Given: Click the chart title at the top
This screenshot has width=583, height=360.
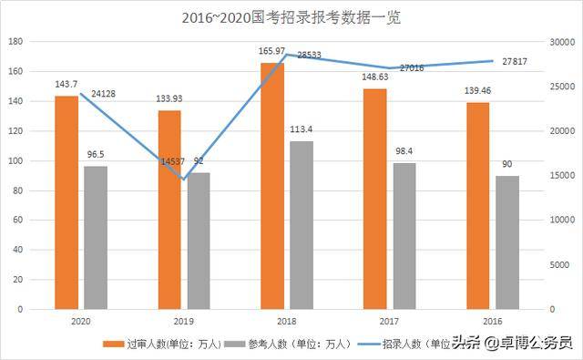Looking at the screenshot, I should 291,16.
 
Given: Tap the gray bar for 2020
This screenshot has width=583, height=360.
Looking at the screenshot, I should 96,237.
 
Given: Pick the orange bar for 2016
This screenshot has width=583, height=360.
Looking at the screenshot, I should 478,206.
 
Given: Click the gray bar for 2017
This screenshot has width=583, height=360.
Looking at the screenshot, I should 404,236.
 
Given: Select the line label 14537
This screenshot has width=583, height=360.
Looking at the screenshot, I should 170,162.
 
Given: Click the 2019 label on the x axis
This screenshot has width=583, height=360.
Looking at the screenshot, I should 184,322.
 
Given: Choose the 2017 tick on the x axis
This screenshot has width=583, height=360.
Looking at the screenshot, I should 390,322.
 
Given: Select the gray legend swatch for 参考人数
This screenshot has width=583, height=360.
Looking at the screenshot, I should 234,344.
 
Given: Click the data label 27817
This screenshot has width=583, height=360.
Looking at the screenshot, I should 516,61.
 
